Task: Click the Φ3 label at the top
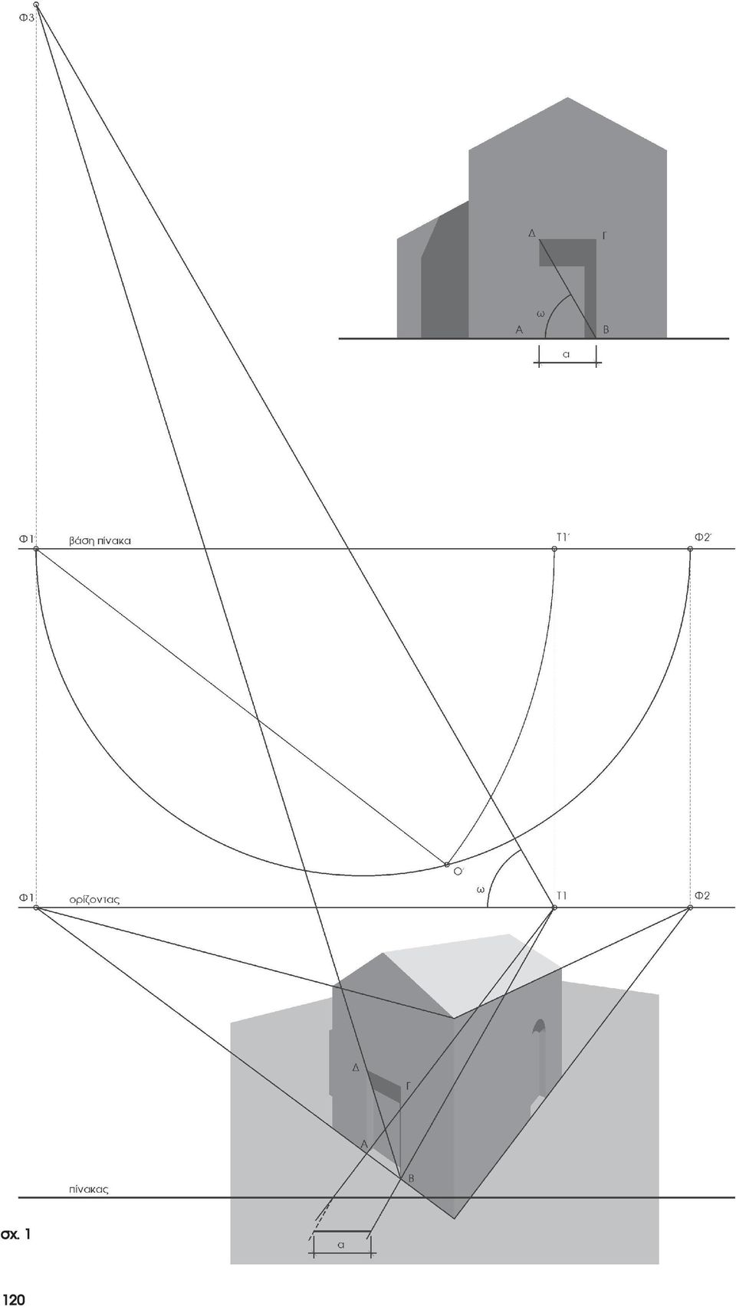coord(27,18)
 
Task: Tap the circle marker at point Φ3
coord(36,5)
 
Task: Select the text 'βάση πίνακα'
coord(100,541)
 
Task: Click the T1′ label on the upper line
coord(563,537)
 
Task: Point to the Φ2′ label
coord(703,537)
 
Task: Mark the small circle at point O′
coord(447,865)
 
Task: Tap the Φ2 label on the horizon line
coord(702,895)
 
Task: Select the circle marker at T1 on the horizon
coord(554,908)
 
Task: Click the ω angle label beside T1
coord(481,890)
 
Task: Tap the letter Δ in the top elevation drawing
coord(532,233)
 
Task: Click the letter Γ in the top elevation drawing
coord(604,236)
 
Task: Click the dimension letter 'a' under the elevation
coord(567,354)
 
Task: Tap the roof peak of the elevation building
coord(567,99)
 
